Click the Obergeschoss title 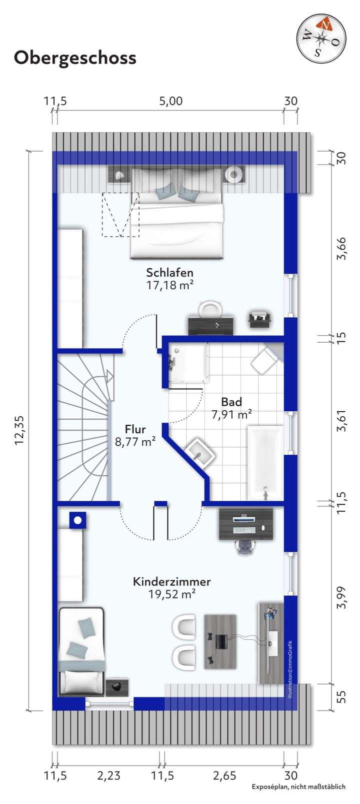tap(75, 58)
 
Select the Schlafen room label tap(169, 273)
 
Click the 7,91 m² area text tap(231, 414)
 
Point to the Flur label tap(135, 429)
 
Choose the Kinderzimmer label tap(171, 582)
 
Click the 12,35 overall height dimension tap(20, 430)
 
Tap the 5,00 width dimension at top tap(170, 101)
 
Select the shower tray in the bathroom tap(188, 363)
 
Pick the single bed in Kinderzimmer tap(81, 650)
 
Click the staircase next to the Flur tap(82, 425)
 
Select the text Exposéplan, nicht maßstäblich tap(298, 787)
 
